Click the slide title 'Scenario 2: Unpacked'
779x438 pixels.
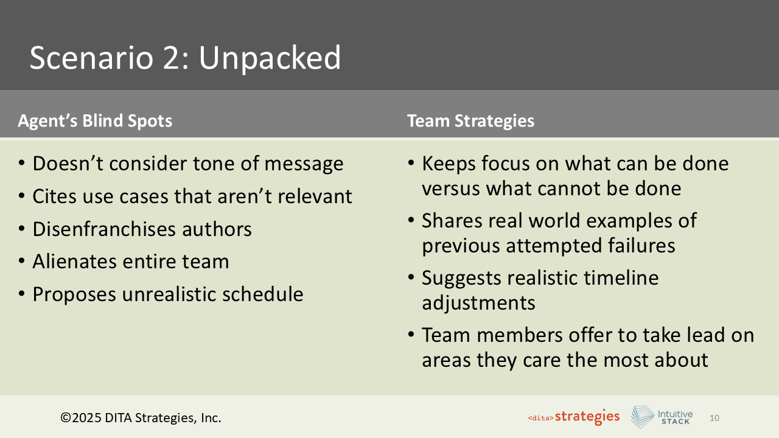pyautogui.click(x=185, y=58)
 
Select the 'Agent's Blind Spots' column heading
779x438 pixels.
pyautogui.click(x=95, y=121)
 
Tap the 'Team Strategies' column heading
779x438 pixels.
pyautogui.click(x=470, y=121)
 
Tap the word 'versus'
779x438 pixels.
pyautogui.click(x=450, y=189)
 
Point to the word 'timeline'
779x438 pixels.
pyautogui.click(x=621, y=278)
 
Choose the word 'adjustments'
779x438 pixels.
pyautogui.click(x=478, y=302)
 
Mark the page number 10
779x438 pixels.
pyautogui.click(x=714, y=418)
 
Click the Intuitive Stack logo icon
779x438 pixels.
pyautogui.click(x=642, y=417)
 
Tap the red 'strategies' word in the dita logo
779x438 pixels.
pyautogui.click(x=587, y=417)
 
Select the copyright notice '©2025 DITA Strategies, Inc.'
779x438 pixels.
pyautogui.click(x=141, y=418)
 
